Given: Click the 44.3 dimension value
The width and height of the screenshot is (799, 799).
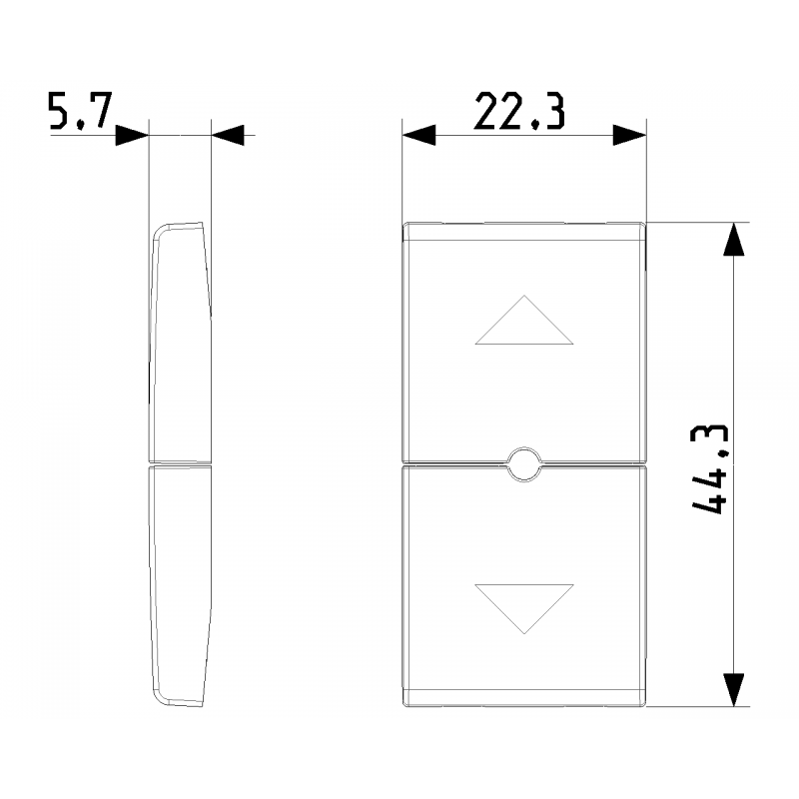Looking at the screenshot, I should click(709, 468).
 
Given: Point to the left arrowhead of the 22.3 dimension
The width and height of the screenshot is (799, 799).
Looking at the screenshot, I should click(418, 135).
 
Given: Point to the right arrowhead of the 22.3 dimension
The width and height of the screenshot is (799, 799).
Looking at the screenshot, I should click(630, 135).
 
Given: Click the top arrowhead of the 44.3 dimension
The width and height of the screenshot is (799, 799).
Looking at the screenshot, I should click(734, 240).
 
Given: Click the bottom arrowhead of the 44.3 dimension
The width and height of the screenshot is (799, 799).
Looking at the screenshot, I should click(734, 689).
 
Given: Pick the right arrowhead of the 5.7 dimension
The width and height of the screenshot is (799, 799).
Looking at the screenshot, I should click(229, 135).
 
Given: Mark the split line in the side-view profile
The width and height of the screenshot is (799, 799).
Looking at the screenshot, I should click(181, 464).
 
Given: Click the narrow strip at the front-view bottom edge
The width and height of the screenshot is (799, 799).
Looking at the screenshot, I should click(524, 697).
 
